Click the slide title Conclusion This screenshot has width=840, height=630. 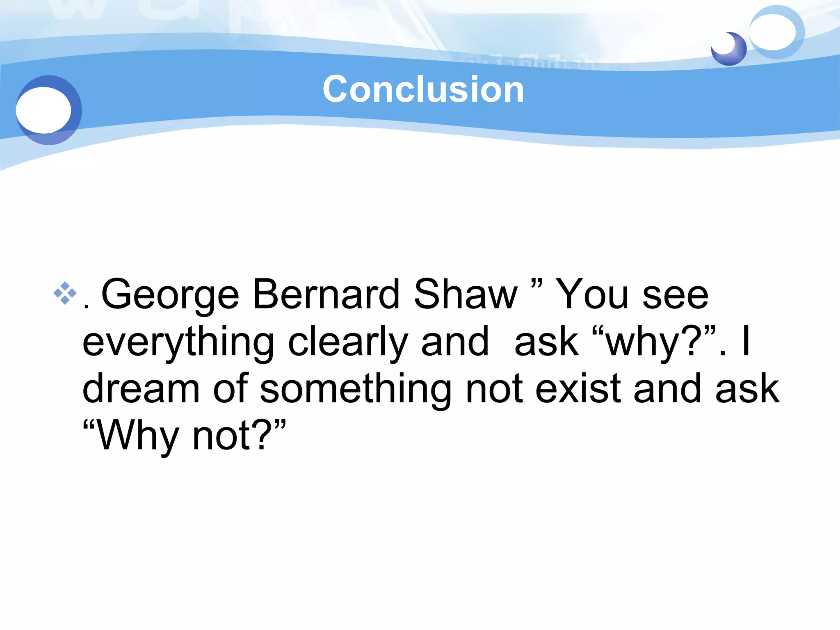pos(423,89)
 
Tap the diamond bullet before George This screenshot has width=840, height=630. pos(65,293)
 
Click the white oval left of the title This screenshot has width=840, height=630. pos(43,110)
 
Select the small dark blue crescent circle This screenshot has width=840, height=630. pos(729,49)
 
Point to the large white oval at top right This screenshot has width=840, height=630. pos(772,32)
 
